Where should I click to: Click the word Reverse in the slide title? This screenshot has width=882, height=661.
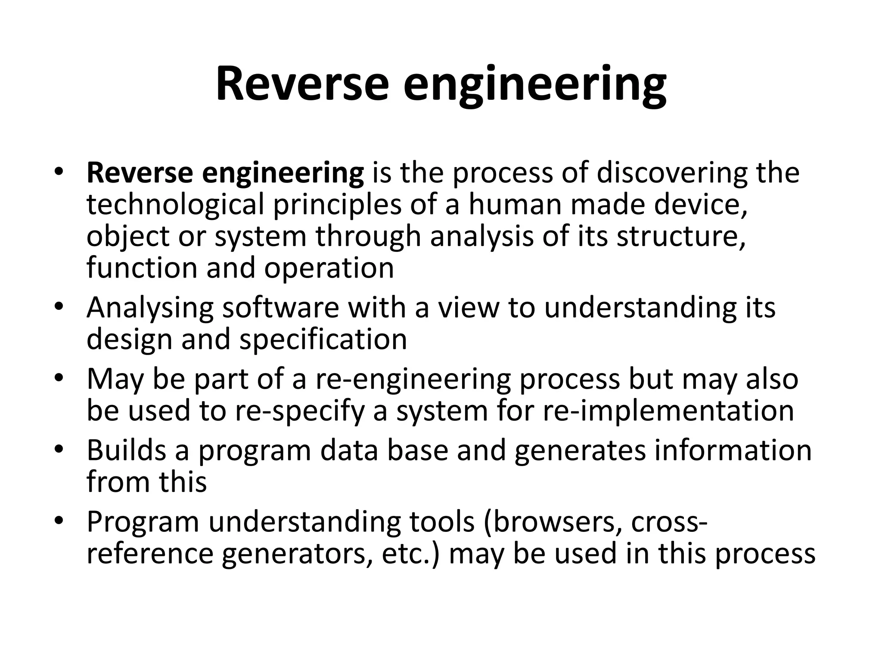coord(301,84)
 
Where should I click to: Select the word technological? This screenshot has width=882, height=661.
coord(174,205)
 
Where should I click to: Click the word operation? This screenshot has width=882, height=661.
coord(329,269)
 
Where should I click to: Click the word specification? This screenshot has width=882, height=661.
coord(323,340)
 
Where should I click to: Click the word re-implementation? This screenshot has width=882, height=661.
coord(668,411)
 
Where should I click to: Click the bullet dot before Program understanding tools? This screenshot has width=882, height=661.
coord(59,521)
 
